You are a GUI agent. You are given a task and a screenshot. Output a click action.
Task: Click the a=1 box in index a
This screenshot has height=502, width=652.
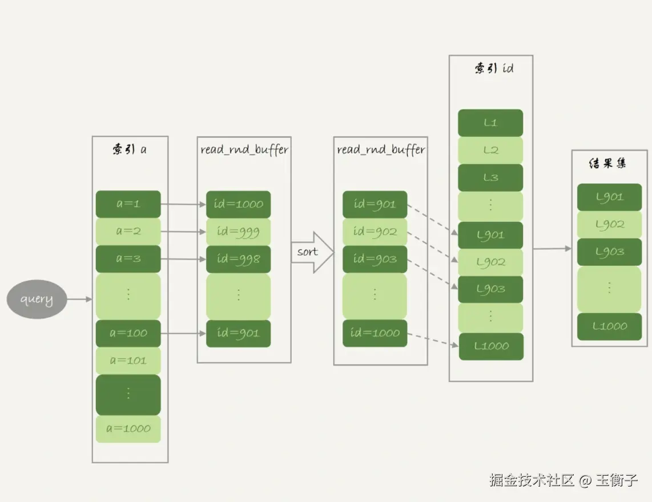(x=128, y=204)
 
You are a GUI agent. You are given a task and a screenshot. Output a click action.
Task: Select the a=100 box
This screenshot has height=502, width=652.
(x=128, y=333)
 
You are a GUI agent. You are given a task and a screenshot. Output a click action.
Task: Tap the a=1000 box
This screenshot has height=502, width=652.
(x=128, y=429)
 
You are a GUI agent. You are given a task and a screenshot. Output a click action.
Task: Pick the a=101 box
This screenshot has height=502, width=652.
(x=128, y=361)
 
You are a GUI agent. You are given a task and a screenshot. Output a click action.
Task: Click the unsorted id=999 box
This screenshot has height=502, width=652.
(x=238, y=232)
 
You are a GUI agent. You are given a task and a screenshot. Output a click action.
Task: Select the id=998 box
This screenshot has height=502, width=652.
(x=238, y=259)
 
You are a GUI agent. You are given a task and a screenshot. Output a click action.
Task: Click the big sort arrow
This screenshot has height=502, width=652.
(x=312, y=252)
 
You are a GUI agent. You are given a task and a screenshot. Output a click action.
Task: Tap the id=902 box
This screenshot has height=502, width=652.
(x=375, y=232)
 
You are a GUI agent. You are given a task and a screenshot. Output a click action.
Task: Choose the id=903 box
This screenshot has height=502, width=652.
(x=375, y=259)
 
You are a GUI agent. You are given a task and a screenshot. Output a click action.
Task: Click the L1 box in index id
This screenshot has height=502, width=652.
(x=490, y=123)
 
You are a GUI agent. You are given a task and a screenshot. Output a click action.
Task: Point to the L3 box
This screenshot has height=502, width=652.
(x=490, y=177)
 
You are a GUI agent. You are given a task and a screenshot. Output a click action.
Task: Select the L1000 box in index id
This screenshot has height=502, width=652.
(x=491, y=346)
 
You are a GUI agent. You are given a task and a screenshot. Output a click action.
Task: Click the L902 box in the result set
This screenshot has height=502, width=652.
(x=609, y=225)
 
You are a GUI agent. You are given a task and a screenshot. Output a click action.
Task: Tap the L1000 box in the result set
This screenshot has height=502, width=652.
(x=609, y=326)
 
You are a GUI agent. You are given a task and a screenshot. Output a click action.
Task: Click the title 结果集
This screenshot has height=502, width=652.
(x=607, y=163)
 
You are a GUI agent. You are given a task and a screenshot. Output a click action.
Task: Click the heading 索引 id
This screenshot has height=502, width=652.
(x=493, y=68)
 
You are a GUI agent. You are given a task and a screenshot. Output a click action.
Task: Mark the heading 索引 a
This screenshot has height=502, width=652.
(x=129, y=149)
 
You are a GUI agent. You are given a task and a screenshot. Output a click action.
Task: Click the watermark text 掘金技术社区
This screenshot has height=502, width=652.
(x=531, y=480)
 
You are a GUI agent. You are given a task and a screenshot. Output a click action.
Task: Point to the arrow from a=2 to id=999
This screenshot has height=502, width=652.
(x=183, y=232)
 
